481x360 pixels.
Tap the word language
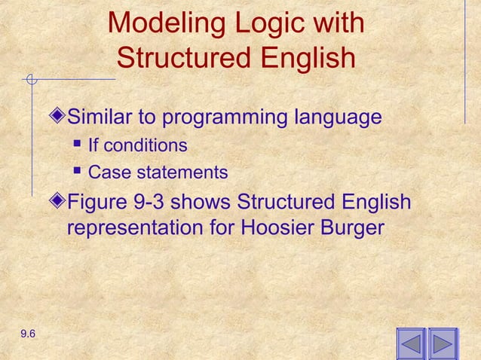point(337,118)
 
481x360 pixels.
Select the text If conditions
point(137,145)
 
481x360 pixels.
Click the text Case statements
point(158,173)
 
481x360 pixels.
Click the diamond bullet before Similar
point(60,118)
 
